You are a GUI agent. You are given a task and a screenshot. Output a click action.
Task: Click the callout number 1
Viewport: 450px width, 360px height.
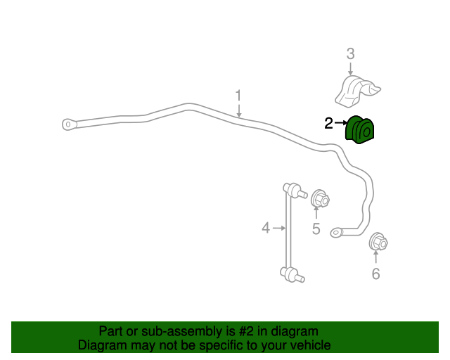pyautogui.click(x=238, y=96)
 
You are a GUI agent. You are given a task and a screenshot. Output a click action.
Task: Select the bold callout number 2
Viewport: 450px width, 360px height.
pyautogui.click(x=328, y=123)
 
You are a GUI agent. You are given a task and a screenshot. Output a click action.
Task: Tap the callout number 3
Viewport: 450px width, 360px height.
pyautogui.click(x=350, y=54)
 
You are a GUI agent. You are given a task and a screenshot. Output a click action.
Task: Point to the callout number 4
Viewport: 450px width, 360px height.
pyautogui.click(x=266, y=228)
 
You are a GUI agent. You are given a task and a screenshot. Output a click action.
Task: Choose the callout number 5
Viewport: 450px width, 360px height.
pyautogui.click(x=316, y=229)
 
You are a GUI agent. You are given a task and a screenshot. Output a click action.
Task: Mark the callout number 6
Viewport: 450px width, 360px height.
pyautogui.click(x=375, y=274)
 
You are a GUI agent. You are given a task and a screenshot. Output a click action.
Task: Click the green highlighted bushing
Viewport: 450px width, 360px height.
pyautogui.click(x=359, y=130)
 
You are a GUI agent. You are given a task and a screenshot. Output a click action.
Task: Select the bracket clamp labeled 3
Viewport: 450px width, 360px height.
pyautogui.click(x=358, y=91)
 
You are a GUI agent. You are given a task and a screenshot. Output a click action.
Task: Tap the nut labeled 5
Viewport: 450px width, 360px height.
pyautogui.click(x=320, y=198)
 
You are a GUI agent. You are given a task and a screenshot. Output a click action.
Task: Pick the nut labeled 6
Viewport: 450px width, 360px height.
pyautogui.click(x=378, y=242)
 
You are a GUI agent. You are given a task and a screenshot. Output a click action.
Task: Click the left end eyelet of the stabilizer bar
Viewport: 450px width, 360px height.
pyautogui.click(x=69, y=124)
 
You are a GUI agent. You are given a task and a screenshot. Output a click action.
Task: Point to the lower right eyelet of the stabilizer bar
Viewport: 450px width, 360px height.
pyautogui.click(x=336, y=232)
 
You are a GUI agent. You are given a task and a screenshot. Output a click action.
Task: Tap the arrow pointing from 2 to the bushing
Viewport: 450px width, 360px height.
pyautogui.click(x=341, y=122)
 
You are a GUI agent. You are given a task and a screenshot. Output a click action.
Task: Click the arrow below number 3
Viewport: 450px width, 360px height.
pyautogui.click(x=350, y=69)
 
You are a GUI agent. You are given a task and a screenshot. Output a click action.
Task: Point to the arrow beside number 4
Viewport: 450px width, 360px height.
pyautogui.click(x=279, y=229)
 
